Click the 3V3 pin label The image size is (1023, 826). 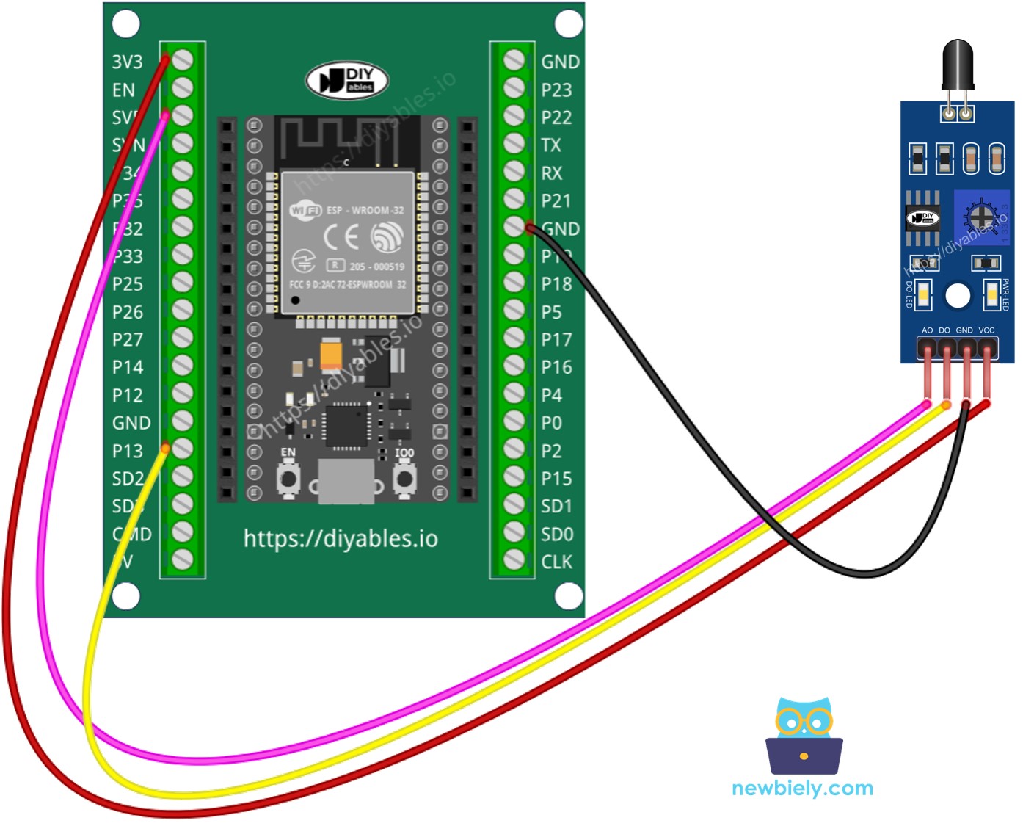[x=127, y=62]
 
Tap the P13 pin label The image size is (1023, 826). [x=128, y=451]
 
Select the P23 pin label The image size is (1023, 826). [x=556, y=90]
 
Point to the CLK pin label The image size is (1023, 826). [x=556, y=562]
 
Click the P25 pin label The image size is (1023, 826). [x=128, y=284]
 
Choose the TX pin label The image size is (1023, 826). [x=551, y=145]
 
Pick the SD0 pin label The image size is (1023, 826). [x=557, y=535]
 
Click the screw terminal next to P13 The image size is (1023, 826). [x=182, y=449]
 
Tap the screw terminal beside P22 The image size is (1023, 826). [x=514, y=116]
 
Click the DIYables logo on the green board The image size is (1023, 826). [x=347, y=80]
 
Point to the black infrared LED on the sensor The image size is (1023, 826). [x=958, y=66]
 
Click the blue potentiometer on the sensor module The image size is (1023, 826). [x=980, y=218]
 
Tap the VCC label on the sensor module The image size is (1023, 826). [x=987, y=330]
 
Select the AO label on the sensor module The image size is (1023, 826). [x=927, y=330]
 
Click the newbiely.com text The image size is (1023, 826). [x=803, y=789]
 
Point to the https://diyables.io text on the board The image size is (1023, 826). [x=341, y=539]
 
